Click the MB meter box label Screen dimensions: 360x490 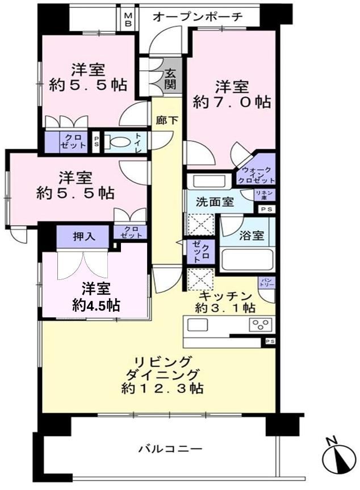(x=128, y=19)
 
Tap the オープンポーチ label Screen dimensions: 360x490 (x=198, y=17)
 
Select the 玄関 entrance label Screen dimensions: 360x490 (x=170, y=79)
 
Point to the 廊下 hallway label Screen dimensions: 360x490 (x=167, y=120)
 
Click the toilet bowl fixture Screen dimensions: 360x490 (x=118, y=142)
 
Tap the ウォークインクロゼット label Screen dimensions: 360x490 (x=257, y=175)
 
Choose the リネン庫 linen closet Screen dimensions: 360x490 (x=265, y=195)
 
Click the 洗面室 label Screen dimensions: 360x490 (x=215, y=202)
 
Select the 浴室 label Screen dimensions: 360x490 (x=252, y=236)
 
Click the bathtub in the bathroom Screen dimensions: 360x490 (x=247, y=259)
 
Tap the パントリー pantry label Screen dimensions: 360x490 (x=266, y=283)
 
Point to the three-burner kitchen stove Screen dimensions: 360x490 (x=261, y=325)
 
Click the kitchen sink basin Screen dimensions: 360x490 (x=198, y=325)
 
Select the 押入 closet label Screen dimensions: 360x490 (x=84, y=237)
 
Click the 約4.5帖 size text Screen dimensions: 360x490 (x=97, y=305)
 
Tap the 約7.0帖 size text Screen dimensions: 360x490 (x=232, y=102)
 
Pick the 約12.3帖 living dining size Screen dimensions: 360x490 (x=162, y=388)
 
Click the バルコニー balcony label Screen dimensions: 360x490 (x=170, y=449)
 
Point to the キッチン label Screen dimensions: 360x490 (x=225, y=296)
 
